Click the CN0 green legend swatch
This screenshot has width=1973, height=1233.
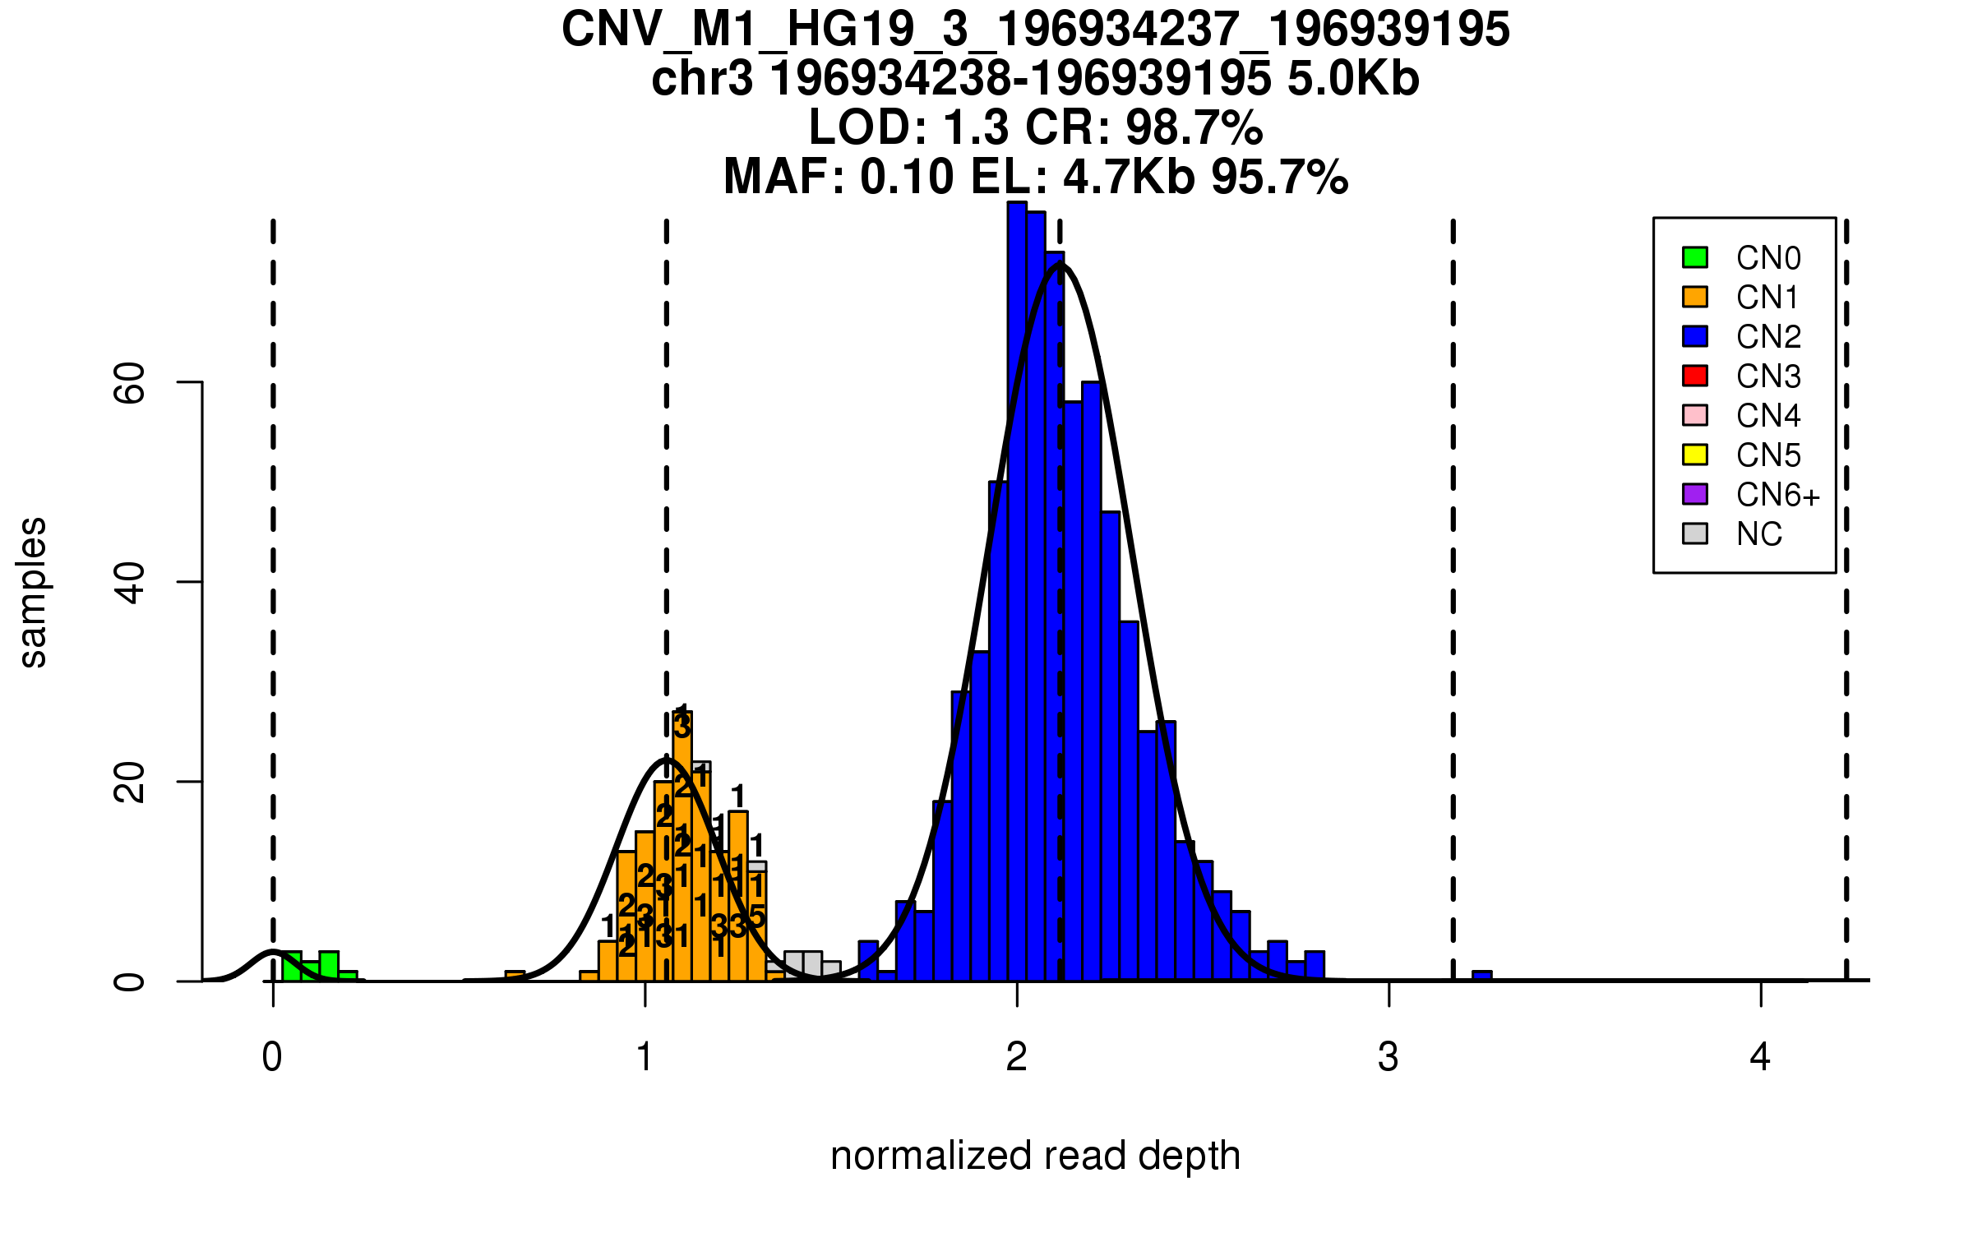[x=1694, y=257]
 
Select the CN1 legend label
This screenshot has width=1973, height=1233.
[x=1767, y=298]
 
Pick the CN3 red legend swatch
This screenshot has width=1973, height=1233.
[x=1694, y=376]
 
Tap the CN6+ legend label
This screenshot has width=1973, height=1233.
[x=1777, y=495]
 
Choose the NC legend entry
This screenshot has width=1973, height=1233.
[x=1758, y=534]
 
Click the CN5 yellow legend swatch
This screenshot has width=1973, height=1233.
[x=1694, y=455]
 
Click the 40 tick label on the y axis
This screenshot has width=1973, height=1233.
[x=130, y=582]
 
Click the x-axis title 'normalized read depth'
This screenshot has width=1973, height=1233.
[x=1035, y=1156]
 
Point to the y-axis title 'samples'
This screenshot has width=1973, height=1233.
[x=33, y=592]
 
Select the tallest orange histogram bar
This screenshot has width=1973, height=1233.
[x=682, y=847]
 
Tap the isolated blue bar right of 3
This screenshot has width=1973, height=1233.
[x=1482, y=977]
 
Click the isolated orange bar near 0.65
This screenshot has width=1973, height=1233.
[x=515, y=977]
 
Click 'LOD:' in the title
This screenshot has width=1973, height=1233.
[x=868, y=128]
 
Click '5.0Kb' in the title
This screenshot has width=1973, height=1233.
[x=1353, y=79]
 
